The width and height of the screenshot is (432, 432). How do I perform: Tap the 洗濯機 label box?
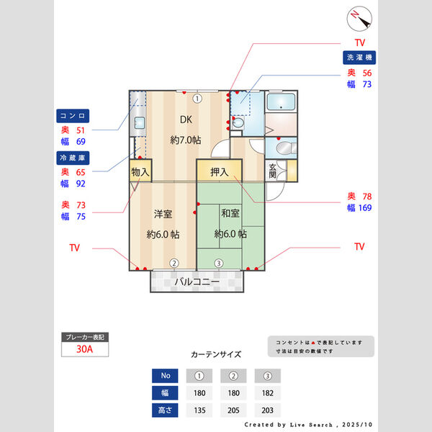pos(361,57)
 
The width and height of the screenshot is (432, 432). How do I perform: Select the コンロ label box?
pos(73,115)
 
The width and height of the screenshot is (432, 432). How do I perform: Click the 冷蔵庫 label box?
pos(73,156)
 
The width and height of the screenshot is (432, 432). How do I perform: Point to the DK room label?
pos(185,120)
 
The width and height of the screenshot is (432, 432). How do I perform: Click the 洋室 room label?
pos(162,213)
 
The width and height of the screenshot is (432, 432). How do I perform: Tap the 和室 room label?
pos(230,213)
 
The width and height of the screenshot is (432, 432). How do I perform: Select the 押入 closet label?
pos(220,172)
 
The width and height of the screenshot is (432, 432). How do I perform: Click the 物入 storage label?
pos(140,172)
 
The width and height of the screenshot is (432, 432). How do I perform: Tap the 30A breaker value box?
pos(85,350)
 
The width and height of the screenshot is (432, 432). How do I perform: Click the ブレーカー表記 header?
pos(85,337)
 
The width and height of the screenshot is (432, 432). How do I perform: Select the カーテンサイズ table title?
pos(215,355)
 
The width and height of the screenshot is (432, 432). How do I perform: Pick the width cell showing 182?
pos(267,393)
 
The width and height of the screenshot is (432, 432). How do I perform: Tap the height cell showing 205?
pos(233,410)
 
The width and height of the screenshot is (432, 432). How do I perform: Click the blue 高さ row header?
pos(164,410)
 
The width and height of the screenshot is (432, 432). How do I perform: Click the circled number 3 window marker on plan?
pos(218,263)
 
